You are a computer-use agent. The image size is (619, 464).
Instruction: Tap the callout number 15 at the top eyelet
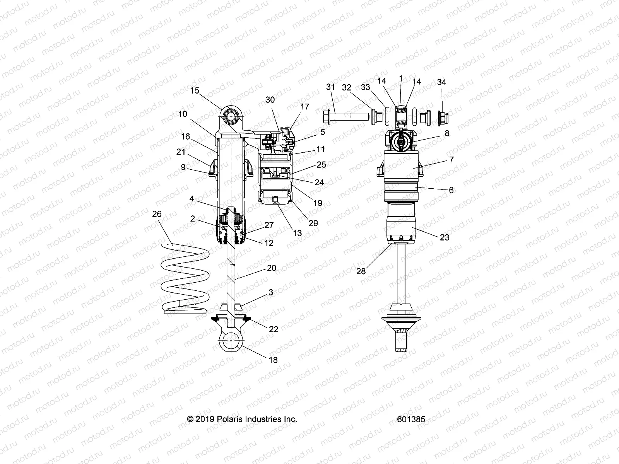click(x=206, y=90)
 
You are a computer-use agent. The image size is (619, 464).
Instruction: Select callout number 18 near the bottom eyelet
click(x=273, y=360)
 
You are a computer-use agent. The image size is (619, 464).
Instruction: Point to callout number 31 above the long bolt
click(x=341, y=87)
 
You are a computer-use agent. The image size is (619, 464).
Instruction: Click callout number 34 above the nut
click(x=441, y=82)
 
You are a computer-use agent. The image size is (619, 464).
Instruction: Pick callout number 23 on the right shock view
click(x=445, y=237)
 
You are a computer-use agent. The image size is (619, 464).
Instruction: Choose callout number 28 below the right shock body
click(x=361, y=271)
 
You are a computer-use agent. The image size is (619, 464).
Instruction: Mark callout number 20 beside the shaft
click(x=272, y=268)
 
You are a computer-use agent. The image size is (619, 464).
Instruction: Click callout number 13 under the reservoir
click(x=297, y=233)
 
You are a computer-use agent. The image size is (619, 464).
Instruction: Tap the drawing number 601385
click(x=411, y=419)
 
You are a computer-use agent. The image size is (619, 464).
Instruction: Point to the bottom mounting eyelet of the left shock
click(x=231, y=341)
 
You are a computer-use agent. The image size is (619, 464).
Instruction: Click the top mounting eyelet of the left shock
click(x=231, y=116)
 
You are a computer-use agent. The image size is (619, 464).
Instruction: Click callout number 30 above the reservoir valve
click(x=270, y=100)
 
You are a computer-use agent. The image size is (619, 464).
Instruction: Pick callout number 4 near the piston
click(x=192, y=199)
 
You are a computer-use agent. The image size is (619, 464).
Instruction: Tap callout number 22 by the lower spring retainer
click(x=274, y=329)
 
